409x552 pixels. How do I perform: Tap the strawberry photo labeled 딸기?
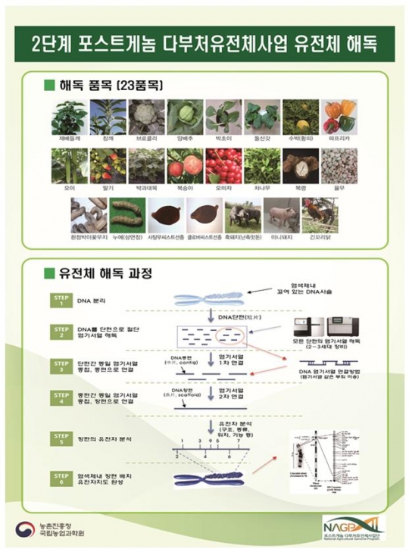108,166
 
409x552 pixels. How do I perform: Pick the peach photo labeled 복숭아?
185,166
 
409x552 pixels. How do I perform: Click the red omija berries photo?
223,166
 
